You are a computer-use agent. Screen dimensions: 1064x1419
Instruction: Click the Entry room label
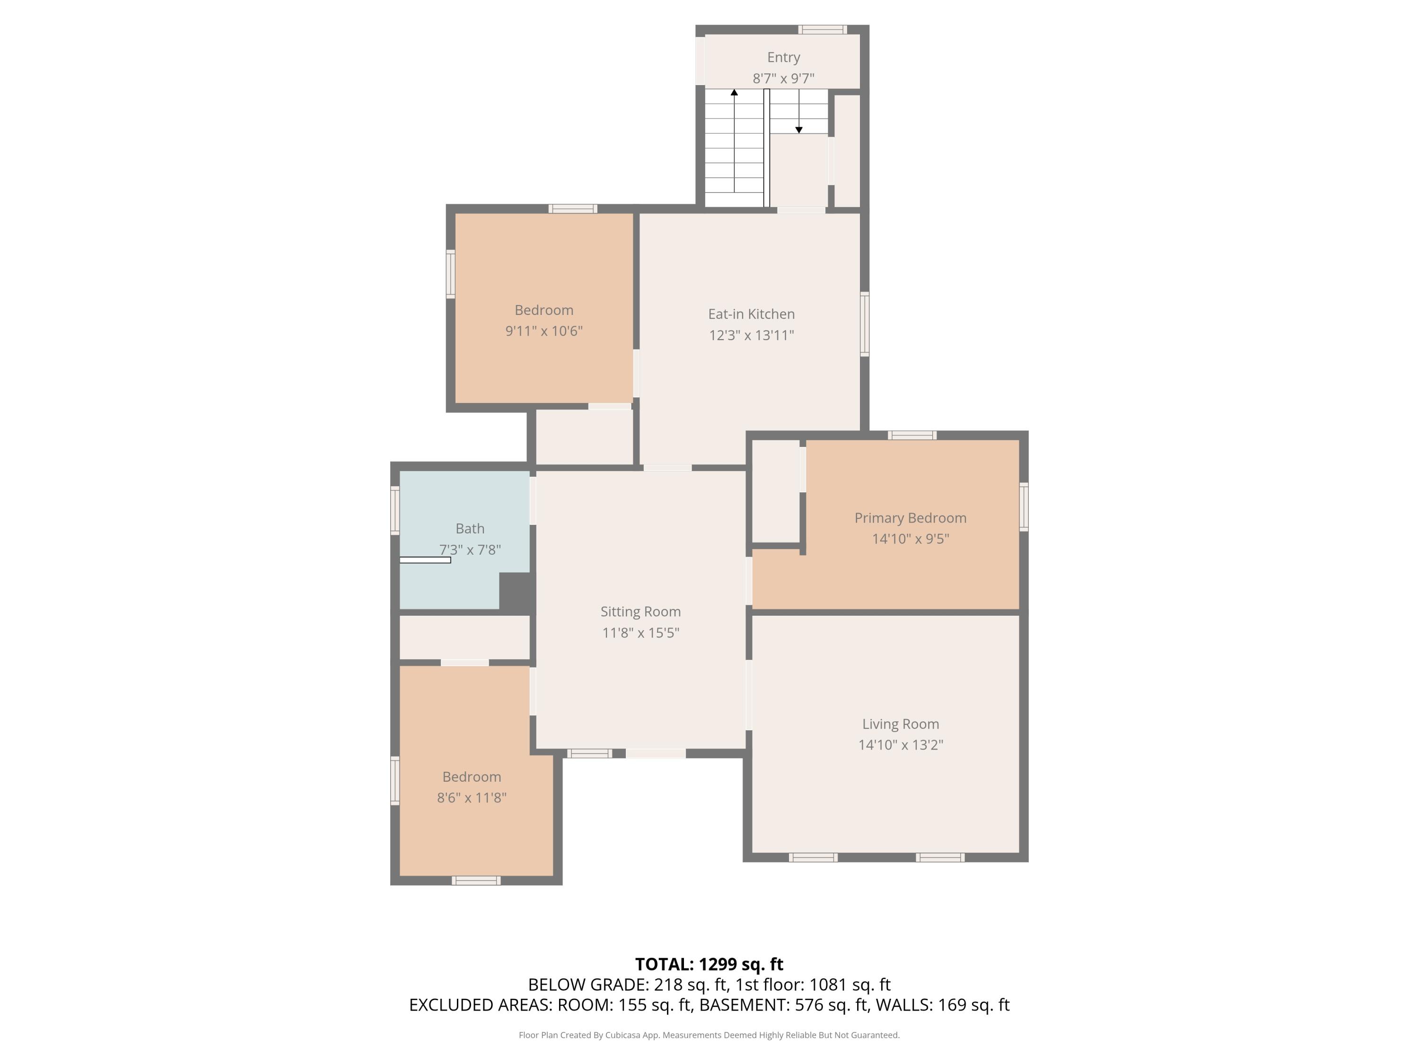783,57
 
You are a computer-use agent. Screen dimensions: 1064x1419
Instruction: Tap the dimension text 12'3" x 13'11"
751,335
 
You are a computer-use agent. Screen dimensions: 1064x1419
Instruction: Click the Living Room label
900,724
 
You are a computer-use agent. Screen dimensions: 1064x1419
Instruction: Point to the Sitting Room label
640,611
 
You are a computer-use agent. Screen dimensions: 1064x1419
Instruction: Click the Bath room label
470,529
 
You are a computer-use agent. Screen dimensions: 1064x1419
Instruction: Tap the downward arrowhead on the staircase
799,130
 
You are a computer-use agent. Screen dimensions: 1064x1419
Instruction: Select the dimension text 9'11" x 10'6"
543,331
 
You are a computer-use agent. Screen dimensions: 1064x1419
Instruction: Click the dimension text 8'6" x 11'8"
472,797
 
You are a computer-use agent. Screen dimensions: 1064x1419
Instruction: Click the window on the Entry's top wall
823,29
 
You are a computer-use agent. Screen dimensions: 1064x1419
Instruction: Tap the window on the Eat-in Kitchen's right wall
864,324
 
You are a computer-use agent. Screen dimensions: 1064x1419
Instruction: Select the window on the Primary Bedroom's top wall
911,436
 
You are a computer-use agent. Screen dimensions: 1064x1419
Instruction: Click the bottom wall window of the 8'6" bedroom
475,881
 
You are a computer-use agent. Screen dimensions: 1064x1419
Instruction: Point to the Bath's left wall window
395,511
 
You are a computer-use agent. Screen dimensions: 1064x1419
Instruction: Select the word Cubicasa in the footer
622,1035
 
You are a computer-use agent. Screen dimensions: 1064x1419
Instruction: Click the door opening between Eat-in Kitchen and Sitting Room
667,468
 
